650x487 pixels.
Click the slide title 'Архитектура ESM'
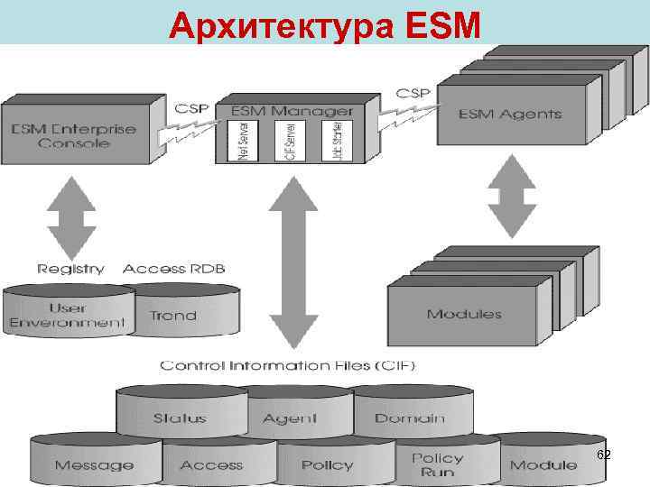[x=325, y=25]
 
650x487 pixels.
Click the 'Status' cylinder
[x=180, y=418]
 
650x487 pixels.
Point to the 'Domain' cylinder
[x=409, y=418]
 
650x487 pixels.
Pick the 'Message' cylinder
[x=94, y=465]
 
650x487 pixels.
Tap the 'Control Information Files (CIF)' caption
[x=287, y=365]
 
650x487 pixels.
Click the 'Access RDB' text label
[x=173, y=268]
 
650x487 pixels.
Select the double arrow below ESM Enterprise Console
[x=71, y=216]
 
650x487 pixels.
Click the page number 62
[x=603, y=455]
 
